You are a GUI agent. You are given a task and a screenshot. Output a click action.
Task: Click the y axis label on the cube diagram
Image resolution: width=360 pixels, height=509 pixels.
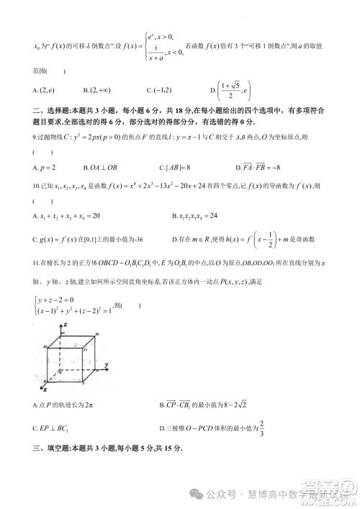[107, 366]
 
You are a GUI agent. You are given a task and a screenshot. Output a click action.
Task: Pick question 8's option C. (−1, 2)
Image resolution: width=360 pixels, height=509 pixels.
[161, 90]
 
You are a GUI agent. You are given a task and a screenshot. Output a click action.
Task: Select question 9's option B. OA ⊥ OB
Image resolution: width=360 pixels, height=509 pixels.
[103, 166]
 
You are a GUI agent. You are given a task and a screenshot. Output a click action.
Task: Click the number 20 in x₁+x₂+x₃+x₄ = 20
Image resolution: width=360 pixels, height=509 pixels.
[94, 215]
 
